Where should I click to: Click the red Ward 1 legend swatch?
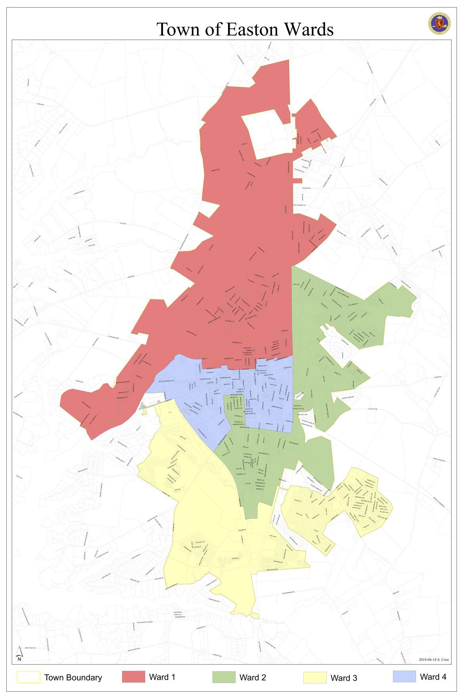click(x=133, y=677)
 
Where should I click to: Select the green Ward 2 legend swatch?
click(x=224, y=677)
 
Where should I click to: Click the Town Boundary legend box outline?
click(x=28, y=677)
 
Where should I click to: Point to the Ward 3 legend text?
click(x=343, y=678)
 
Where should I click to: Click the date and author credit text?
click(x=433, y=660)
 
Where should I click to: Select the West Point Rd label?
click(x=30, y=648)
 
